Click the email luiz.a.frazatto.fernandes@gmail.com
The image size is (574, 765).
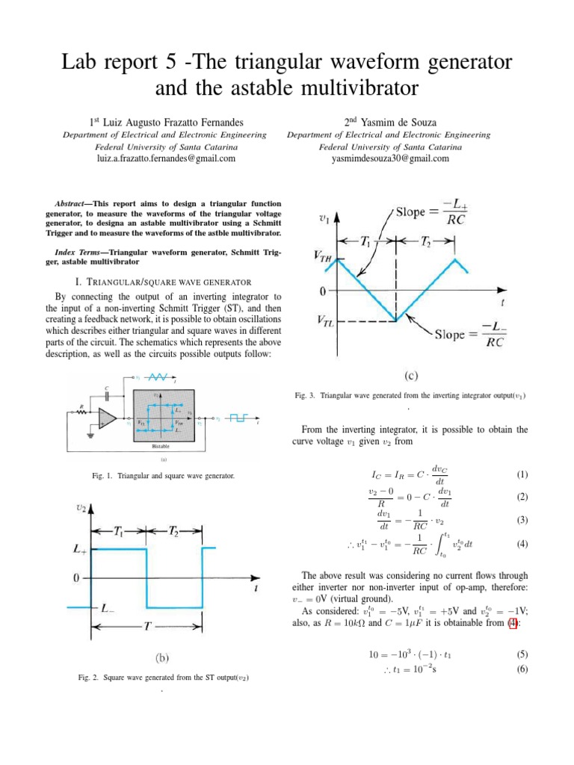point(166,158)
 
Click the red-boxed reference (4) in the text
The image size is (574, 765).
point(512,624)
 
